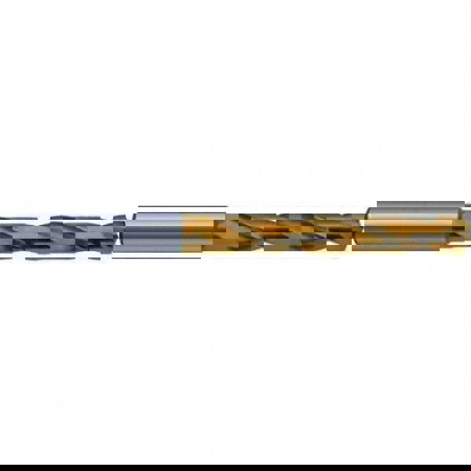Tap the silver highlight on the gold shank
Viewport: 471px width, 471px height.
[416, 211]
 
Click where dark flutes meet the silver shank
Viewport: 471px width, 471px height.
[126, 233]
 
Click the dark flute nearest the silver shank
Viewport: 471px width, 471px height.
[110, 233]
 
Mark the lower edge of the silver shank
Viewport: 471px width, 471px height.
[157, 252]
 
